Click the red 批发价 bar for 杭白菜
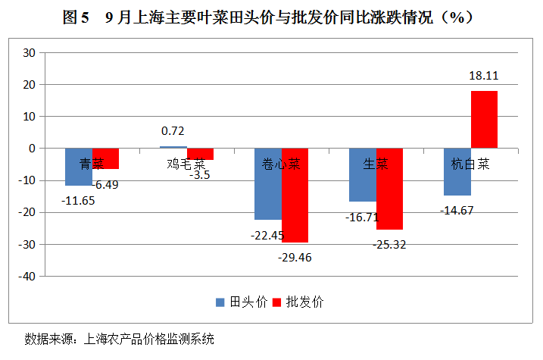tap(484, 119)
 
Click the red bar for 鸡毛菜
tap(200, 155)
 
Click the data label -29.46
tap(294, 257)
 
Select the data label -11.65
tap(78, 201)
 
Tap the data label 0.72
tap(173, 130)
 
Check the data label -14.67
tap(457, 210)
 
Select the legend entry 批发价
tap(298, 302)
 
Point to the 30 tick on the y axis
tap(30, 53)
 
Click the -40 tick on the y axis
tap(27, 276)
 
